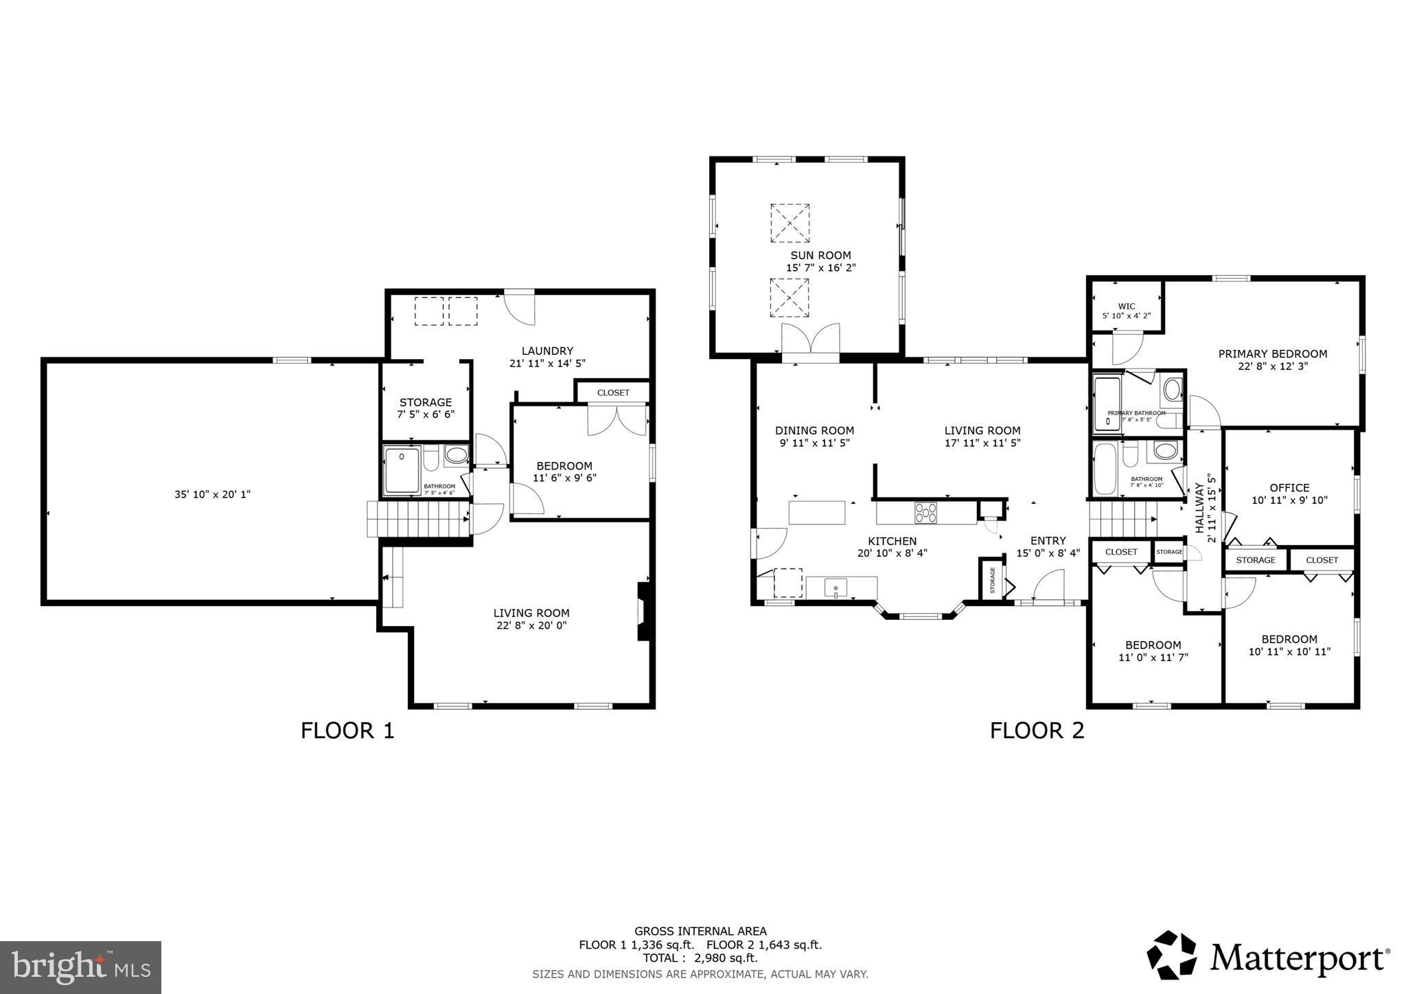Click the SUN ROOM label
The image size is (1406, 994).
[820, 255]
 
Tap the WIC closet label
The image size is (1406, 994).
[1126, 306]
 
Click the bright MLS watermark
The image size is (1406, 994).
[80, 967]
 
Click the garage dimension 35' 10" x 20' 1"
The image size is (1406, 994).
[212, 494]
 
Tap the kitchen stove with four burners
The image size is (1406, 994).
[926, 513]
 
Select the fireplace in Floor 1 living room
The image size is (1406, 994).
[643, 611]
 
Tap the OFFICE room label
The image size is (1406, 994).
[1289, 487]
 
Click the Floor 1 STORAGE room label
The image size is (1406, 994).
[426, 402]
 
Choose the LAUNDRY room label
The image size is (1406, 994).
[546, 351]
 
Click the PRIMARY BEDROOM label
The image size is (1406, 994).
[1272, 354]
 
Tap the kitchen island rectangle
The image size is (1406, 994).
[817, 513]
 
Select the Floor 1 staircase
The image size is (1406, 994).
[417, 518]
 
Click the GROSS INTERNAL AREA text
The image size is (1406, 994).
[700, 932]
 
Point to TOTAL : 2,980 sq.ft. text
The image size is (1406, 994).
[700, 958]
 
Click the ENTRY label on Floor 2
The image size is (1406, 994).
[1048, 541]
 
